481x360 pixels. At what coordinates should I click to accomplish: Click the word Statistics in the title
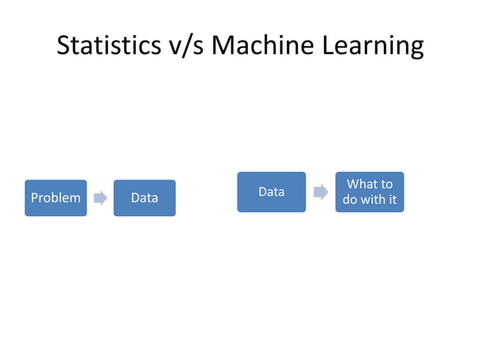pos(109,46)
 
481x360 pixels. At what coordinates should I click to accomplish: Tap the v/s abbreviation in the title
pos(185,46)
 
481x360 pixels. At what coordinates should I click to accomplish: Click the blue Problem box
pos(55,198)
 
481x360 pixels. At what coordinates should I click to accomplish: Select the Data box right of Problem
pos(144,198)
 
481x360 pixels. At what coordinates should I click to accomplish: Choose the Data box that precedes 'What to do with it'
pos(271,192)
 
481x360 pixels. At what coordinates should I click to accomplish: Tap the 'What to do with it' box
pos(369,192)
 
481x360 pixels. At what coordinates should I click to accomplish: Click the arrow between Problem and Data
pos(100,198)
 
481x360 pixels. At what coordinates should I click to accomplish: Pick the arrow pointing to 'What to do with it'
pos(320,192)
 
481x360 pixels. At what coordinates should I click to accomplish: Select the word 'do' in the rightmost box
pos(351,200)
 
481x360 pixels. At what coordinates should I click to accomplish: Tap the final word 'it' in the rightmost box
pos(392,200)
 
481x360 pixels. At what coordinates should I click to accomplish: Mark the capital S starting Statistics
pos(64,46)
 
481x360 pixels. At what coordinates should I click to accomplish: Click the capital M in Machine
pos(223,46)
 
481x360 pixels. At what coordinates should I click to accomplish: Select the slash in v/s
pos(186,46)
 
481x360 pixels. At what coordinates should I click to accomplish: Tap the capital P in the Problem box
pos(33,198)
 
